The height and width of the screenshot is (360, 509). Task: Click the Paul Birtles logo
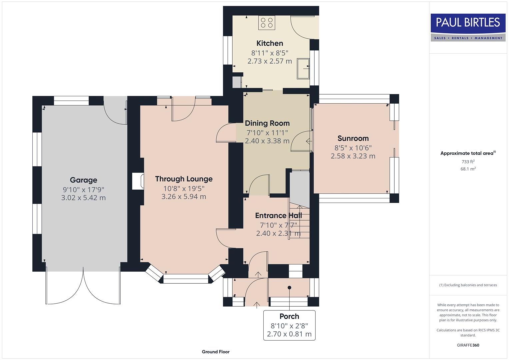(x=468, y=27)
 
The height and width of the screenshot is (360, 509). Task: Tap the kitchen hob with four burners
(x=267, y=23)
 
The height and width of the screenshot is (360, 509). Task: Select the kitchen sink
(x=303, y=68)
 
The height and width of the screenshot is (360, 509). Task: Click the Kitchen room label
(x=270, y=43)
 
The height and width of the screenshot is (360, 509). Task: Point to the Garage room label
(x=83, y=180)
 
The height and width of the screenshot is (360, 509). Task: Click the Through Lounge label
(x=184, y=179)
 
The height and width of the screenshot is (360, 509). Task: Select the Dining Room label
(x=267, y=123)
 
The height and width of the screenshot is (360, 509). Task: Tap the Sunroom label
(x=353, y=138)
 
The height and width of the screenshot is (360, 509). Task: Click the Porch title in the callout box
(x=289, y=316)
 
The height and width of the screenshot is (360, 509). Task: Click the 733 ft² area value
(x=468, y=162)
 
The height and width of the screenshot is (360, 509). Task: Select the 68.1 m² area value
(x=468, y=169)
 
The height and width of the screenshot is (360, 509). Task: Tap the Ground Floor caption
(x=216, y=352)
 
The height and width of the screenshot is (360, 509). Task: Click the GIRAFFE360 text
(x=468, y=345)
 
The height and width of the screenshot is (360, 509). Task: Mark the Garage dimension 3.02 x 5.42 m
(x=83, y=198)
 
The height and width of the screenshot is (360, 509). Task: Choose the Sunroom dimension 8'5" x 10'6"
(x=353, y=148)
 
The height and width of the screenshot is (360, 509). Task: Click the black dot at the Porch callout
(x=289, y=288)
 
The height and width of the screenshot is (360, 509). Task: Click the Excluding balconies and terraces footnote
(x=468, y=285)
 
